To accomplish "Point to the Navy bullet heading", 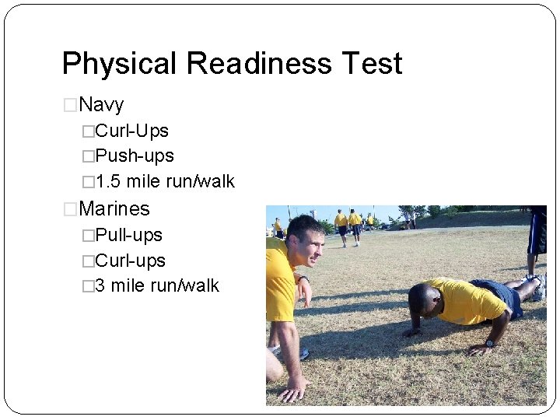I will pyautogui.click(x=101, y=104).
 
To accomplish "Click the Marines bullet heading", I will pyautogui.click(x=114, y=208).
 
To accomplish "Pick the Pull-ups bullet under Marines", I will pyautogui.click(x=128, y=235).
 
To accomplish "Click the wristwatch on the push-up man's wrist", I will pyautogui.click(x=490, y=343).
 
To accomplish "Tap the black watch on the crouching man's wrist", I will pyautogui.click(x=303, y=278).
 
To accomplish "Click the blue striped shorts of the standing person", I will pyautogui.click(x=537, y=233).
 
